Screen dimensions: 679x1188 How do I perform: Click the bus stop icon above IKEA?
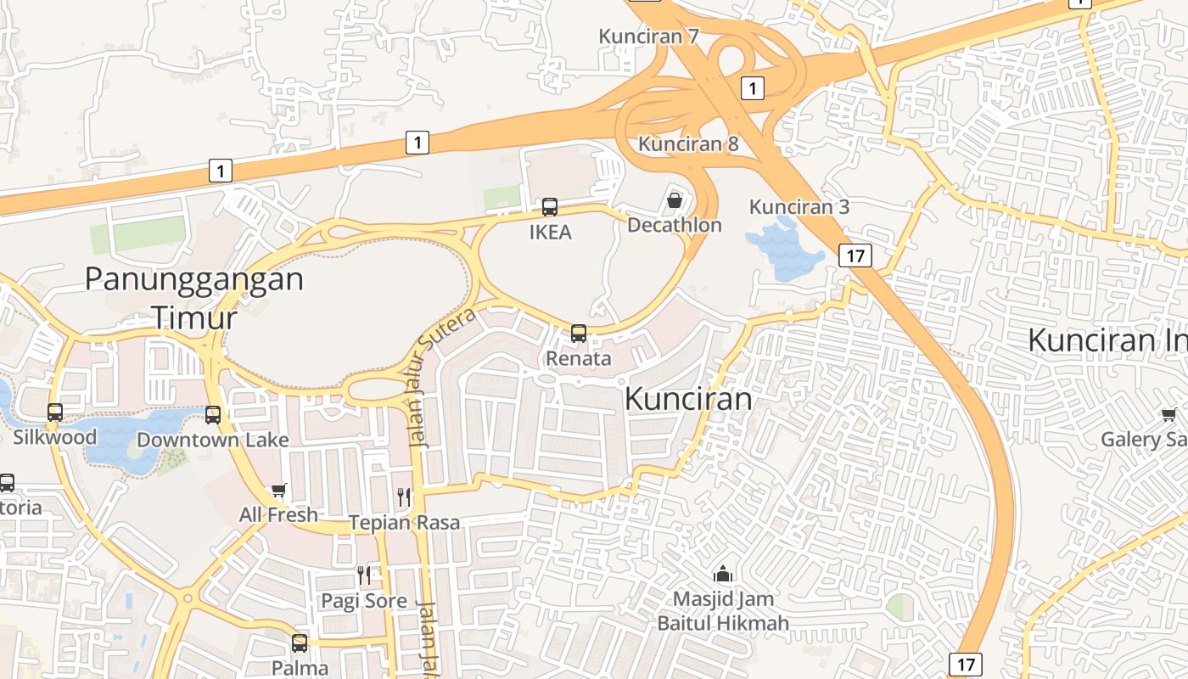550,207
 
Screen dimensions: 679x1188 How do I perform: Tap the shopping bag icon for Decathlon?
675,200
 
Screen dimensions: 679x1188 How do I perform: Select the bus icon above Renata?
579,333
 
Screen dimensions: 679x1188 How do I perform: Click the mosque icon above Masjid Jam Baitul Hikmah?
723,575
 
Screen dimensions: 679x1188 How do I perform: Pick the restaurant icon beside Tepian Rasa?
405,497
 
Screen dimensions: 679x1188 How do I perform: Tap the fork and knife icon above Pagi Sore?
364,575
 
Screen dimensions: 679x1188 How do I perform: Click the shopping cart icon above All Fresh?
278,491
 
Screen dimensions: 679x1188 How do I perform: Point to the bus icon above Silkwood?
55,412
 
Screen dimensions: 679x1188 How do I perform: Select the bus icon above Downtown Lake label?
213,415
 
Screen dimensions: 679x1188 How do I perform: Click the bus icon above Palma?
300,643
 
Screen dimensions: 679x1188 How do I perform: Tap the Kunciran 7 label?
648,36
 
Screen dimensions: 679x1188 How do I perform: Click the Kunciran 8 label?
688,144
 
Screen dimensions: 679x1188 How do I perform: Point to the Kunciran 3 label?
799,207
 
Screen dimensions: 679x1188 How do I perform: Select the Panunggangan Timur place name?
194,297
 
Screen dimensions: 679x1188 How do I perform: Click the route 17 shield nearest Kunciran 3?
855,255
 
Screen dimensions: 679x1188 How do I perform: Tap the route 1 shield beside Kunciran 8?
752,87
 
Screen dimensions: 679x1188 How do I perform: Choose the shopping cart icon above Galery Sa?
1168,414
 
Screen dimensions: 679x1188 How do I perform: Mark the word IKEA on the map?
551,232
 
